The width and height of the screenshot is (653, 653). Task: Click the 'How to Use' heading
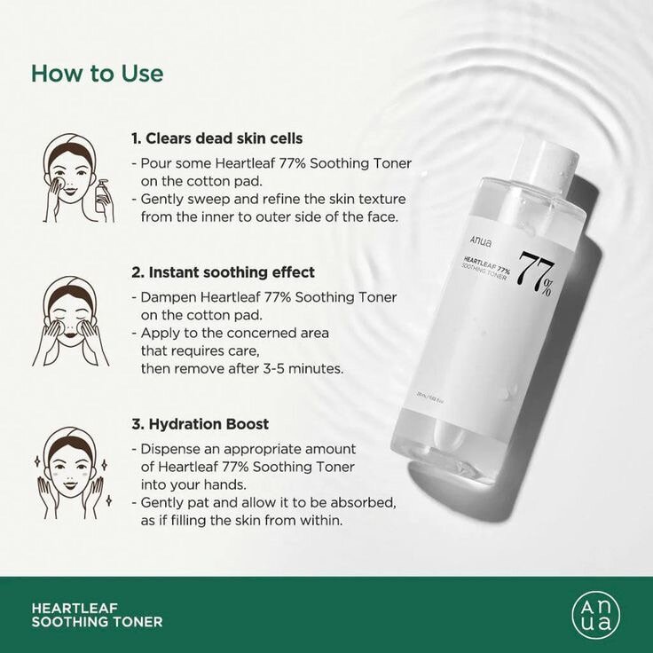(x=98, y=73)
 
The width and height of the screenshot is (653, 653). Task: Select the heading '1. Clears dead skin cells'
(x=217, y=138)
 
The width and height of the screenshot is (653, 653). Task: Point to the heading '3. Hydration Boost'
(x=200, y=424)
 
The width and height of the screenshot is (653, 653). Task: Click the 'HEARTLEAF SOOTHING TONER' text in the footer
(x=97, y=615)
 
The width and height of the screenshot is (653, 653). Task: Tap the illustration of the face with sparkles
(x=70, y=470)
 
